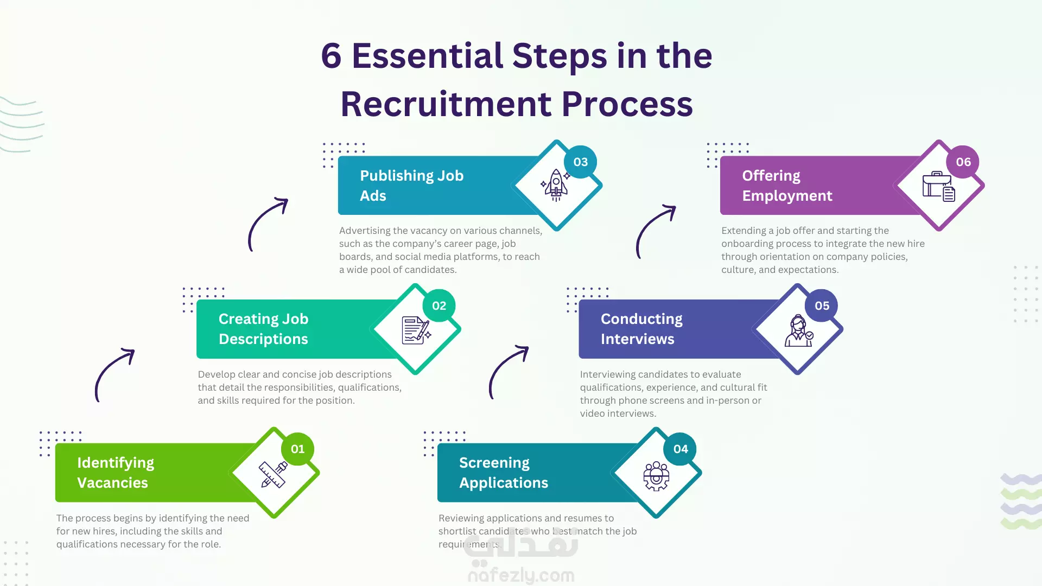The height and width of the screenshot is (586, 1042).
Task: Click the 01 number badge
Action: click(x=297, y=449)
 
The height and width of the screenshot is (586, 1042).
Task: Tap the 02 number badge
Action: click(x=439, y=305)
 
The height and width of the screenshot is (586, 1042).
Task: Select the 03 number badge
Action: click(x=581, y=162)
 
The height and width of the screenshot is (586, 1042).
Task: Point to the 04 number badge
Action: click(x=681, y=449)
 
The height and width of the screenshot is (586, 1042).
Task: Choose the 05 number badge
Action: click(x=822, y=305)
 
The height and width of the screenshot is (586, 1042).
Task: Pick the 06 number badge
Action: click(x=963, y=162)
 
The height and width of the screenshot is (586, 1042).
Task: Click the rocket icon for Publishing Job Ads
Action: click(x=556, y=185)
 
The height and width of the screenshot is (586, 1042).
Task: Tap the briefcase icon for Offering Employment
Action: click(x=938, y=187)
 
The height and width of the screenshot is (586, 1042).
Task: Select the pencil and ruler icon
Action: click(x=273, y=475)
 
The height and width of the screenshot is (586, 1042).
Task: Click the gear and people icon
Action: click(x=656, y=476)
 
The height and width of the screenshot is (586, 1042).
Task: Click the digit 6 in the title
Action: click(x=331, y=56)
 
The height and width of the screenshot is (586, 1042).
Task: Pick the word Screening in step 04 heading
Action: click(x=494, y=463)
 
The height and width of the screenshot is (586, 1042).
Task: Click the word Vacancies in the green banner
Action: click(x=112, y=482)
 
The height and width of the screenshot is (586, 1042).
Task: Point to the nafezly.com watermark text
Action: click(x=521, y=575)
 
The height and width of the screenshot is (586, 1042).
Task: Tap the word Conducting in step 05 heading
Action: click(x=641, y=319)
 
